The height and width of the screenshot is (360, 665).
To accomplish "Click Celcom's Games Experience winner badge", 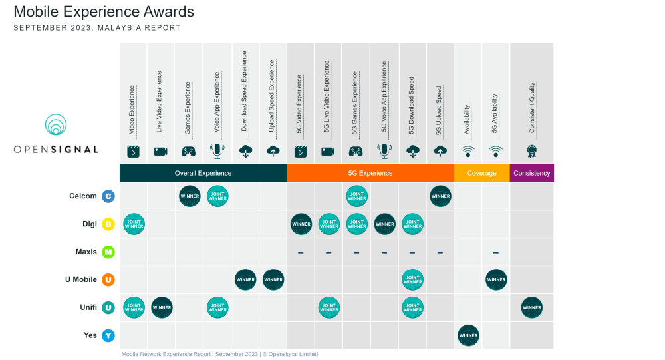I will [x=190, y=196].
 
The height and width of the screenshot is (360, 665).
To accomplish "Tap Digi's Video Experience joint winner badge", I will [x=134, y=224].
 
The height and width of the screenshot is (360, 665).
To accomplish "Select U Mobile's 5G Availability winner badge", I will [x=496, y=279].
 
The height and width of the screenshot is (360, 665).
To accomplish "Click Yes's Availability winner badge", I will [x=468, y=335].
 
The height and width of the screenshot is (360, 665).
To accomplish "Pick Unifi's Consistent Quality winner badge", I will [x=531, y=307].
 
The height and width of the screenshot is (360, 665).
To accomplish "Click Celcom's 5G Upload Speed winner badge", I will [x=440, y=196].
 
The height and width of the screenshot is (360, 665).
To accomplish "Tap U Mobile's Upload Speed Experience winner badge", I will [x=273, y=279].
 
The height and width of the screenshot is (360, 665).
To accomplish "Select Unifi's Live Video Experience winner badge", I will [x=162, y=307].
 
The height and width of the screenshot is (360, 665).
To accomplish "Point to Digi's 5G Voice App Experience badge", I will [x=384, y=224].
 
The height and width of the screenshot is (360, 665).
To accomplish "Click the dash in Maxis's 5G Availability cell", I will [x=496, y=252].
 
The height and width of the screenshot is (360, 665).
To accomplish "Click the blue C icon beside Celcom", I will [x=108, y=196].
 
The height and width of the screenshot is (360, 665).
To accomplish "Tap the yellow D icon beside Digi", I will [x=108, y=224].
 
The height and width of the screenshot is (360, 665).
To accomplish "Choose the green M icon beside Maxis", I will [x=108, y=252].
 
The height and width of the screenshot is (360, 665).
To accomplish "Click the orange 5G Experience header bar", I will [x=370, y=173].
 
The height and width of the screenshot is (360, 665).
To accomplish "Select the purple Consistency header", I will [x=531, y=173].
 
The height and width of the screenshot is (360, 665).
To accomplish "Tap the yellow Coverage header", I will [x=481, y=173].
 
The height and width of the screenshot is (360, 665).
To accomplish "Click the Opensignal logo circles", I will [x=56, y=126].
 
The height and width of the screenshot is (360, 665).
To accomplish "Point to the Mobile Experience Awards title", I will [x=104, y=12].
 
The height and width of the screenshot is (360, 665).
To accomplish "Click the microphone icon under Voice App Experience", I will [x=217, y=151].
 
